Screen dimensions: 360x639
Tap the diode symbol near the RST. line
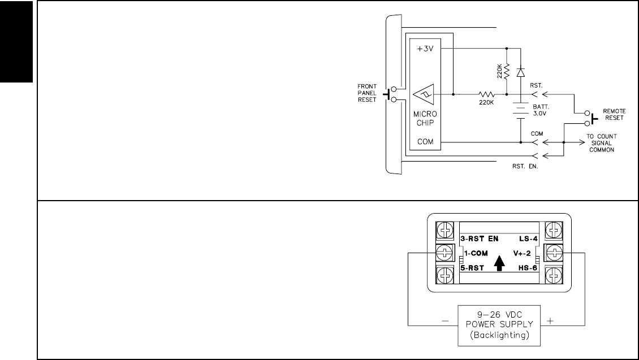point(521,72)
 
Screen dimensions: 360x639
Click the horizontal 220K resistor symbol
point(486,94)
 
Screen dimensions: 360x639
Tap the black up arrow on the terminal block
point(499,263)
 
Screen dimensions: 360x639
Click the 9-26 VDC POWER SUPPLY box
point(495,325)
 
